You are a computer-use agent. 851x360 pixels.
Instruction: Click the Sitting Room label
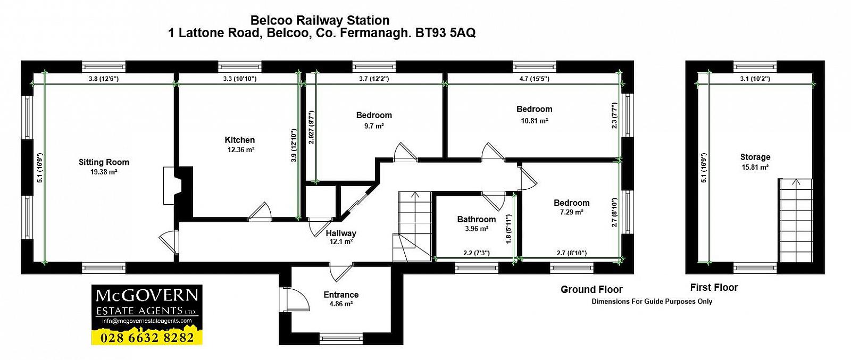pyautogui.click(x=104, y=162)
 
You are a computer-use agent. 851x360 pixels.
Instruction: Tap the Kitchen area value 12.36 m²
pyautogui.click(x=240, y=150)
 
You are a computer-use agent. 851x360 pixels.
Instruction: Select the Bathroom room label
pyautogui.click(x=476, y=219)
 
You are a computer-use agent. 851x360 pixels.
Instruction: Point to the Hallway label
pyautogui.click(x=341, y=233)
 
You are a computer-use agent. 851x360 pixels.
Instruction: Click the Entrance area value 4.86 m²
pyautogui.click(x=341, y=304)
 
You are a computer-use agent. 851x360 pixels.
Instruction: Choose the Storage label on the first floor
pyautogui.click(x=755, y=157)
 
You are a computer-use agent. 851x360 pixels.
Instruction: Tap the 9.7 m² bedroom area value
pyautogui.click(x=374, y=126)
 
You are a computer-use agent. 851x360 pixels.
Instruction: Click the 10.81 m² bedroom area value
pyautogui.click(x=534, y=121)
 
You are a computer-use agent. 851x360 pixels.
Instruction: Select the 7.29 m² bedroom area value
pyautogui.click(x=571, y=212)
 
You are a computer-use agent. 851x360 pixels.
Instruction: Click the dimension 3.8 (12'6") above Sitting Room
pyautogui.click(x=103, y=79)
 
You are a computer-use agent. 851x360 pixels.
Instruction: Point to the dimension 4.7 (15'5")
pyautogui.click(x=534, y=79)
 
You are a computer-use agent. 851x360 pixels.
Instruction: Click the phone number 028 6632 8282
pyautogui.click(x=147, y=337)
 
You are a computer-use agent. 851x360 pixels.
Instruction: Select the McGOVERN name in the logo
pyautogui.click(x=147, y=296)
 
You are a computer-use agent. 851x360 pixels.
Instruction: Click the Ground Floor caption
pyautogui.click(x=591, y=290)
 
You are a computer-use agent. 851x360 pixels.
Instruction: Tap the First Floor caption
pyautogui.click(x=714, y=288)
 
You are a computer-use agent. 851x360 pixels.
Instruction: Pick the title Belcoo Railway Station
pyautogui.click(x=320, y=21)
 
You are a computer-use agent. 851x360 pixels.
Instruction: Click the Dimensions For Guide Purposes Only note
pyautogui.click(x=652, y=302)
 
